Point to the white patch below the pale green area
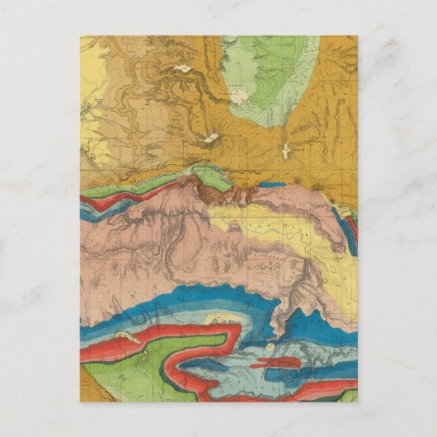[x=286, y=152]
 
